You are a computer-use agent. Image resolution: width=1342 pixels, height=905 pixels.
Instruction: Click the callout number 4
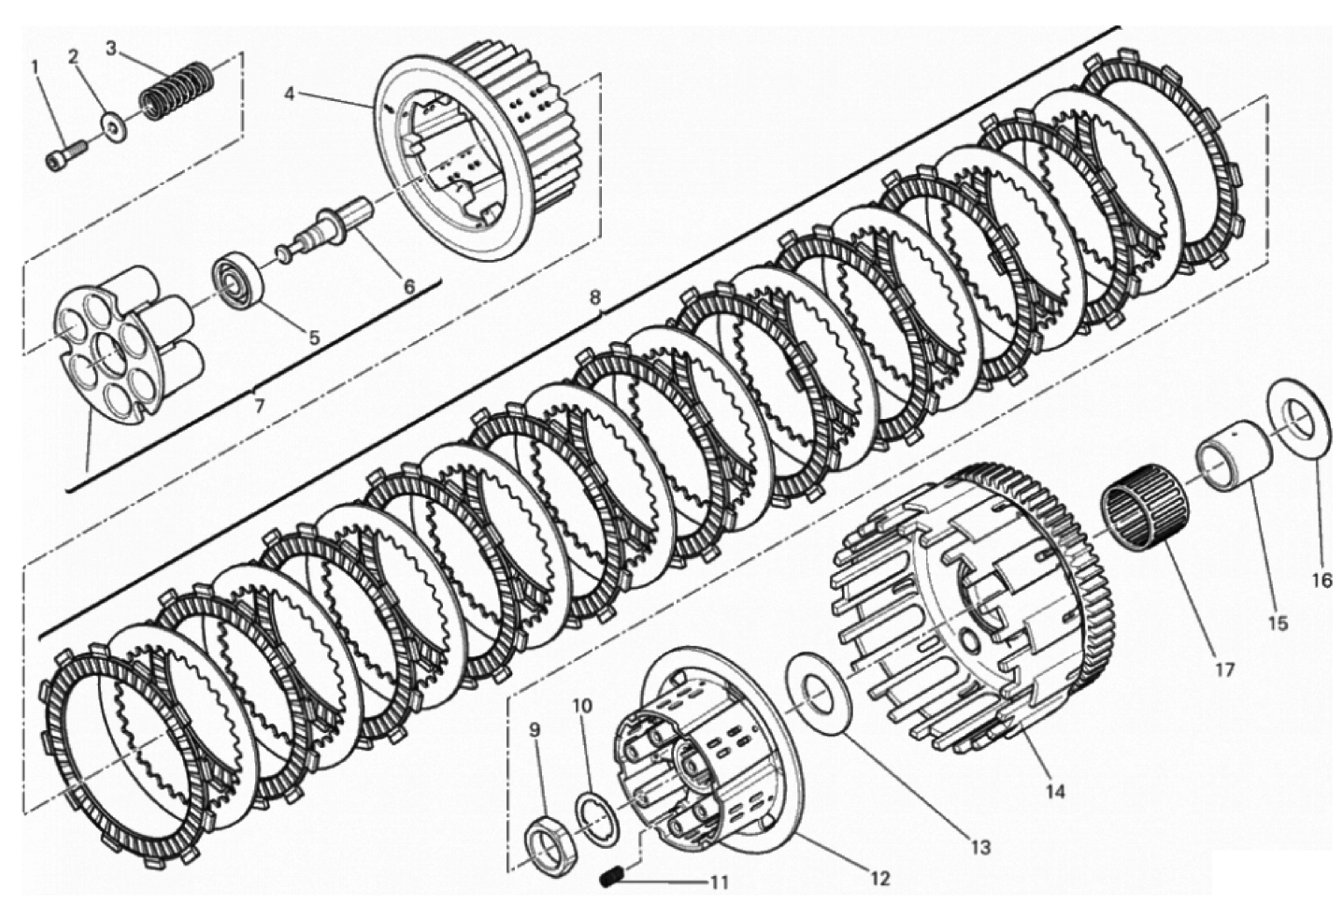(290, 94)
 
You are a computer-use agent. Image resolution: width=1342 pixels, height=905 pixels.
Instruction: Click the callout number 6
(409, 286)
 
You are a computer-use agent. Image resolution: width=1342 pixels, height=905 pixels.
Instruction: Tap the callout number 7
(259, 406)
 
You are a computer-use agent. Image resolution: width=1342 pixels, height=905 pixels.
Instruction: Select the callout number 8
(594, 298)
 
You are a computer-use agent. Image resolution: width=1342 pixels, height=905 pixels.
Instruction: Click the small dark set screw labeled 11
(611, 879)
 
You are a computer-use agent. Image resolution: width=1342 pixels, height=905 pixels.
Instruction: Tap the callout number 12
(881, 879)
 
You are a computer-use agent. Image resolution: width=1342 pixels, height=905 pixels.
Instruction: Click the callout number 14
(1056, 792)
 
